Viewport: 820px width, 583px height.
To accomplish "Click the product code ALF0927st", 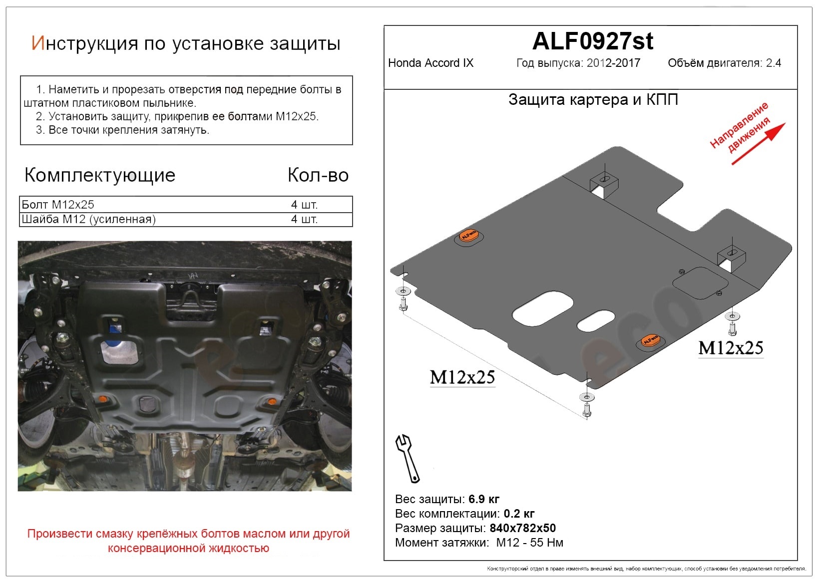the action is [592, 41].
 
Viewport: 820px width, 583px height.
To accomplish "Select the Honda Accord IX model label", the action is [430, 63].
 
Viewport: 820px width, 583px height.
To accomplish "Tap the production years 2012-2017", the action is [614, 63].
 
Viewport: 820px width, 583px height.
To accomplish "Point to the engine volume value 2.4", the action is [774, 63].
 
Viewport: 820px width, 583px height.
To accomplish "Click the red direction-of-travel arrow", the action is [759, 144].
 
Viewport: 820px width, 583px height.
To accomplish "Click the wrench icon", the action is [408, 459].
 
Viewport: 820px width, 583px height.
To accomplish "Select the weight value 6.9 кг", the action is [484, 499].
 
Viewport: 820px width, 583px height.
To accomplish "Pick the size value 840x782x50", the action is [523, 528].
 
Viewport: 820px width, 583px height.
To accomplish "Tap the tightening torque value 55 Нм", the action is [546, 543].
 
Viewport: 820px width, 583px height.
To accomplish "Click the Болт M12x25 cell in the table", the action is [58, 205].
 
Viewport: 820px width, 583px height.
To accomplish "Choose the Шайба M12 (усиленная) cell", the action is [88, 219].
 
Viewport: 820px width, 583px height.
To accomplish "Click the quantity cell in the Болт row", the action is [304, 205].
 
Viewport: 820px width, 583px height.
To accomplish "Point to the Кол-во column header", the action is [318, 175].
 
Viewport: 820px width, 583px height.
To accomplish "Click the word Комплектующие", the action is [99, 175].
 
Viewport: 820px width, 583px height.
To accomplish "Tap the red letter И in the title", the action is [37, 43].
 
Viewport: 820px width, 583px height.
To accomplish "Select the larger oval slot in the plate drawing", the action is [542, 308].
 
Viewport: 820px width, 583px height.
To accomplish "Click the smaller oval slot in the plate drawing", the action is [596, 321].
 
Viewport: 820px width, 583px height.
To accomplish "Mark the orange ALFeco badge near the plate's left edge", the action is [469, 236].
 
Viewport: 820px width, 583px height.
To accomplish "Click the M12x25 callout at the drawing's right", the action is [731, 348].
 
